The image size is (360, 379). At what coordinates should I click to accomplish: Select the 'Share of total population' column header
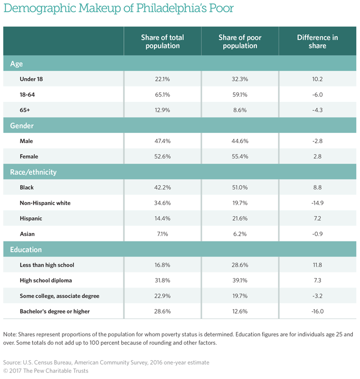162,42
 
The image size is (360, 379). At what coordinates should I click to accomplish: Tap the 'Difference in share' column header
317,42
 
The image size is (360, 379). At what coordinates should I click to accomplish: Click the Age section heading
17,64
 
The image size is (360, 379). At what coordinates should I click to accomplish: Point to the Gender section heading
22,126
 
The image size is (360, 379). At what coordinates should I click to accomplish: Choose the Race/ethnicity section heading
33,172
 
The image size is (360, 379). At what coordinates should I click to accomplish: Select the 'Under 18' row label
31,79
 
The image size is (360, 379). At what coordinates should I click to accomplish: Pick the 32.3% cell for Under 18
240,79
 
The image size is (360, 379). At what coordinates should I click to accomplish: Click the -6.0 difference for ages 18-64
317,95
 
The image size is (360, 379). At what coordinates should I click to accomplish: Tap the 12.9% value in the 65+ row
162,110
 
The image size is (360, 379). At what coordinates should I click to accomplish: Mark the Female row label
30,157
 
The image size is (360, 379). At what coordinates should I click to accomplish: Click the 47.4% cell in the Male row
162,141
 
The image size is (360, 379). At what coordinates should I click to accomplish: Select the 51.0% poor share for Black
240,188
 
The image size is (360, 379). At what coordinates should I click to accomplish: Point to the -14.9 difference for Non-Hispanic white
317,203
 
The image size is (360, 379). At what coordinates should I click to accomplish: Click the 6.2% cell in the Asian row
240,234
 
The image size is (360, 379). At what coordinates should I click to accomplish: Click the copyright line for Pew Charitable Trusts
47,371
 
